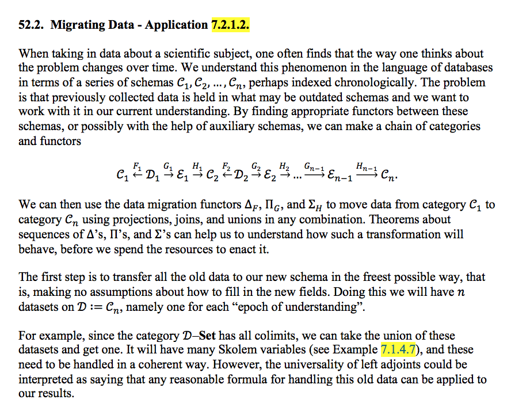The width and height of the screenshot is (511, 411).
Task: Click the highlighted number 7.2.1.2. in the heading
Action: (x=230, y=25)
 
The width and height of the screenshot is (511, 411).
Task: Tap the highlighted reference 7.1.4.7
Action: (x=398, y=350)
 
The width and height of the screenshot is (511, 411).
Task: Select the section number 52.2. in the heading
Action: (x=32, y=25)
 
